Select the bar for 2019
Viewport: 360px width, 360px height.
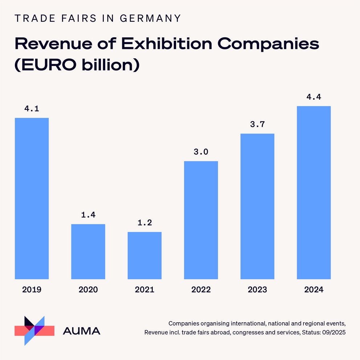pos(32,198)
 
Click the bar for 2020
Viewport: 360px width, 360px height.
pos(88,252)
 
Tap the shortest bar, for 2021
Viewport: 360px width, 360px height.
pos(144,255)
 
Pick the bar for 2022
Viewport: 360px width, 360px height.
pos(201,220)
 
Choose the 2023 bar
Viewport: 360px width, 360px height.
pos(257,206)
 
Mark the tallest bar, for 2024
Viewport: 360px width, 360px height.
pos(314,193)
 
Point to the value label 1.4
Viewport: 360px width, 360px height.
pos(88,215)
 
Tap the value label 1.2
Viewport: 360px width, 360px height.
pos(144,223)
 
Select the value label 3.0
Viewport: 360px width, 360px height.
pos(201,152)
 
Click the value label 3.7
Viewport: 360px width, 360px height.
pos(257,125)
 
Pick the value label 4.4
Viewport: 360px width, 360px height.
pos(314,97)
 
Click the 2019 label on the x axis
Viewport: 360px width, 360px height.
pos(32,290)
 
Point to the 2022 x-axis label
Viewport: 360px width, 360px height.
pos(201,290)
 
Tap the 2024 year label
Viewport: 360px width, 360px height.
pos(314,290)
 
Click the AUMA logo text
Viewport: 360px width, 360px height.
pos(82,331)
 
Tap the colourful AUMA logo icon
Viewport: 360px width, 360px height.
pos(34,330)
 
